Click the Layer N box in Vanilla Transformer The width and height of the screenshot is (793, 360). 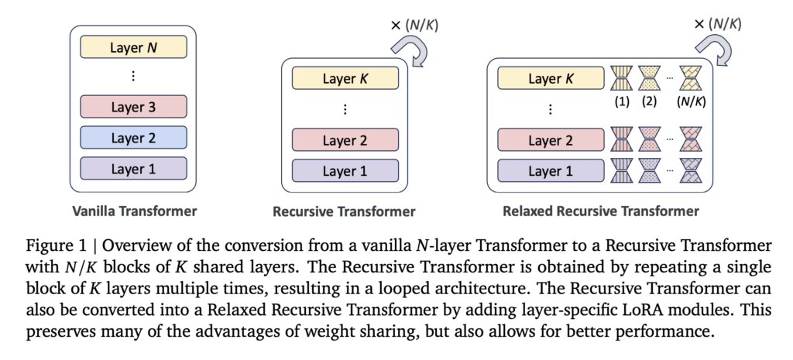[x=132, y=47]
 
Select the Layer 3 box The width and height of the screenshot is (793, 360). [x=132, y=107]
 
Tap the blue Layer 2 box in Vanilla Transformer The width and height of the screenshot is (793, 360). [x=132, y=138]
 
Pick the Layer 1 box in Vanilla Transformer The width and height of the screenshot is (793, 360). [x=132, y=169]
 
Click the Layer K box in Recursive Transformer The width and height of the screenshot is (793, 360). [x=345, y=78]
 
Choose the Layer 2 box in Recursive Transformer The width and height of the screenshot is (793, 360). [x=345, y=140]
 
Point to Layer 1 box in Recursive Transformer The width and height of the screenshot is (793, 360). [x=345, y=170]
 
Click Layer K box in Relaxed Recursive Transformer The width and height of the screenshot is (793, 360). [x=550, y=78]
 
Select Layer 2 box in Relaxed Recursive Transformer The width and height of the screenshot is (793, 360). [x=550, y=140]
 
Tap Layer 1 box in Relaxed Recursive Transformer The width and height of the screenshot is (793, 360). [x=550, y=170]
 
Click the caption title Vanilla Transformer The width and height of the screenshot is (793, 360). [x=133, y=211]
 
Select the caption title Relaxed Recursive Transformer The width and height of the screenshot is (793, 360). [x=600, y=211]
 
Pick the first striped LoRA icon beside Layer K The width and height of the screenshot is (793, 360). [x=622, y=78]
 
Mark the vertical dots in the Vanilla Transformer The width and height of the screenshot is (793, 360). [x=132, y=76]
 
